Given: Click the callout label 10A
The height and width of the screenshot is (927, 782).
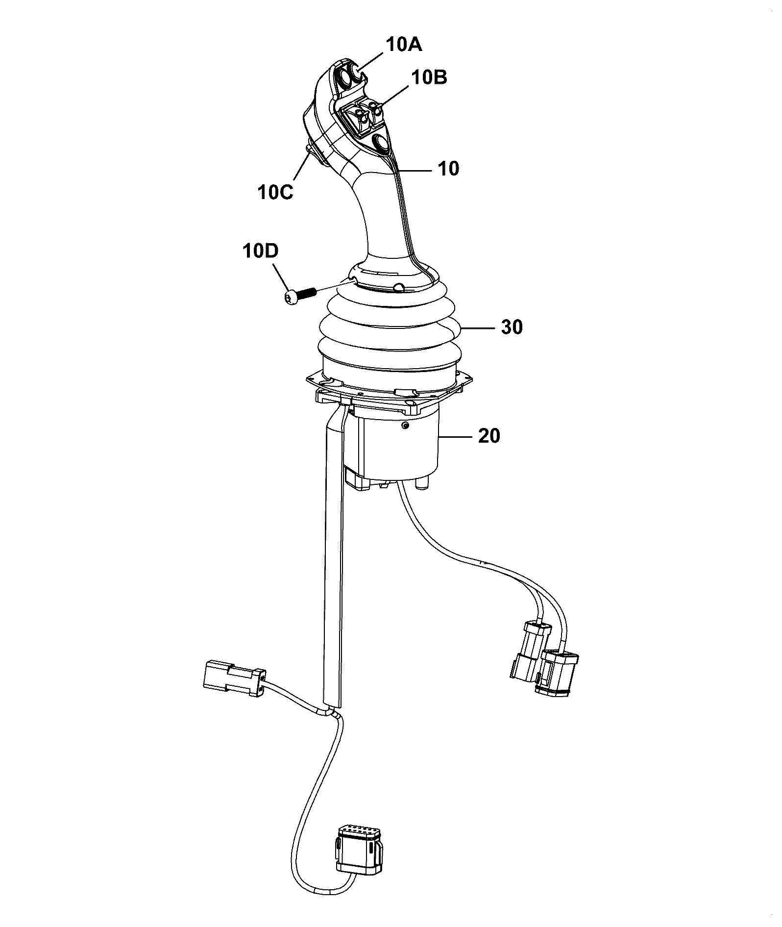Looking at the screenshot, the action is tap(404, 45).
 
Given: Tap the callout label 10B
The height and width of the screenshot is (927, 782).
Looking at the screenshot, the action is tap(429, 77).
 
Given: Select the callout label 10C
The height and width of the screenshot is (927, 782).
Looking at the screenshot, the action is tap(275, 192).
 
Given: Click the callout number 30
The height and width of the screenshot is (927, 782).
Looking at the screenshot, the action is tap(512, 327).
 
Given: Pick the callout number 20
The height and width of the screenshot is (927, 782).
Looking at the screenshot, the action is tap(489, 435).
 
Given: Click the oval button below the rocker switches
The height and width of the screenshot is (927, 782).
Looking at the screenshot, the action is tap(382, 143).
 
